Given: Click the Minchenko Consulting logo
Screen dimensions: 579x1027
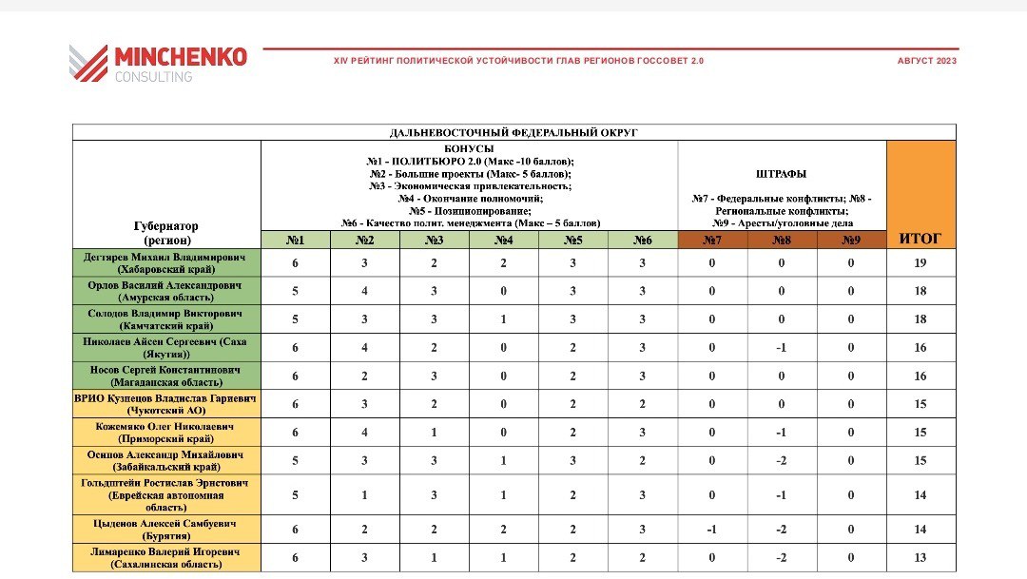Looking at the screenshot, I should coord(158,63).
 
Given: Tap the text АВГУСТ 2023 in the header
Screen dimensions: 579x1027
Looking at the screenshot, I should coord(926,61).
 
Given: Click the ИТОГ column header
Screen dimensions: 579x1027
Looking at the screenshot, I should coord(920,240).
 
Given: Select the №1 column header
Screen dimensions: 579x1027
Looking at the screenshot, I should coord(295,240).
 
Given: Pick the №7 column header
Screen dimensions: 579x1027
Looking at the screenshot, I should coord(712,240).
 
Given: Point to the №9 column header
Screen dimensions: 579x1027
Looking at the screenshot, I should coord(851,240).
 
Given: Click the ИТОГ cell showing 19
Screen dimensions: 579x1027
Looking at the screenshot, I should coord(920,263).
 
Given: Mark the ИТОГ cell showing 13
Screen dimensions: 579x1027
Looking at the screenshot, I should coord(920,558).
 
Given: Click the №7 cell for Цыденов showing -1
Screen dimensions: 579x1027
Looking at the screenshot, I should coord(712,530).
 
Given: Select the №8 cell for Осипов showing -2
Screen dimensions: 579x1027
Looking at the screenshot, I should coord(782,461).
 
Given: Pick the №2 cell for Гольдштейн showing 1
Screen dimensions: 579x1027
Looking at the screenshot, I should coord(364,495).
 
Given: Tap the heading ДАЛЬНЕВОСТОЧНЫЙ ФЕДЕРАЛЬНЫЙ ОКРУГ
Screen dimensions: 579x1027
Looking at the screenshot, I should coord(513,132).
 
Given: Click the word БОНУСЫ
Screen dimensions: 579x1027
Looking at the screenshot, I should coord(469,149).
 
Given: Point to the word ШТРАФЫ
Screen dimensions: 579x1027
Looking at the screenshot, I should coord(781,174).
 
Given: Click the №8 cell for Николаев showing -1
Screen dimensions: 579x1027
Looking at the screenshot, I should coord(782,348).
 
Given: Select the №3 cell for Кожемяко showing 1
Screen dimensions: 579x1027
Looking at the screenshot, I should coord(434,433).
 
